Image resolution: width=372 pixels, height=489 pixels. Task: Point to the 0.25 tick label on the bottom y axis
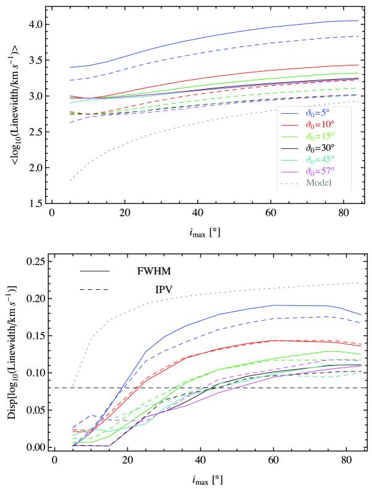(35, 262)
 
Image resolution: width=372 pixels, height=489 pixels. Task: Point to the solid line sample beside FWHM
(95, 271)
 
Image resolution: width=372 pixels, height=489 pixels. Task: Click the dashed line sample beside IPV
(95, 289)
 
